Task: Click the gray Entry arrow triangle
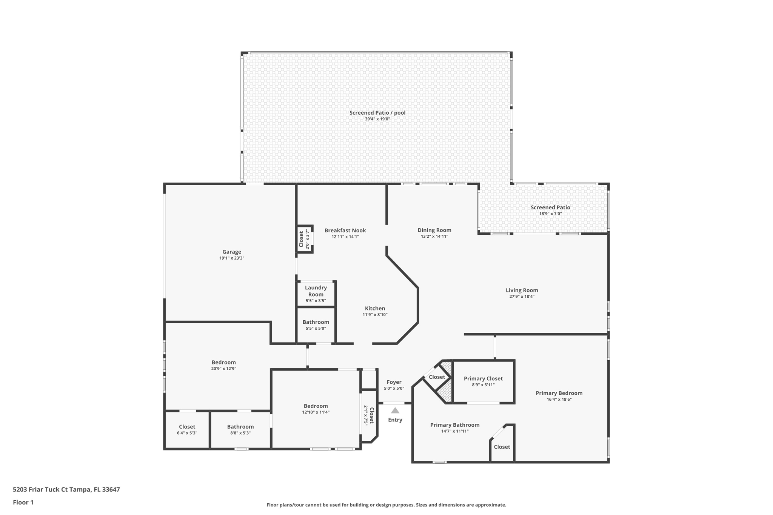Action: tap(395, 411)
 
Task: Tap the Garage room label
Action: tap(231, 252)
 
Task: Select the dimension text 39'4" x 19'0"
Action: tap(377, 119)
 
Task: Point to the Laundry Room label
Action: tap(316, 291)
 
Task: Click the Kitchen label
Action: tap(375, 308)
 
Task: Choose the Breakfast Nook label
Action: tap(345, 230)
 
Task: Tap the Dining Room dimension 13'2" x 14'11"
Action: tap(434, 237)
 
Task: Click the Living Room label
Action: tap(522, 290)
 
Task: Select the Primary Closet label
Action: tap(483, 378)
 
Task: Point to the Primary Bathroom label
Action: tap(454, 425)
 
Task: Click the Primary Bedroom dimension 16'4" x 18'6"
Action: tap(559, 399)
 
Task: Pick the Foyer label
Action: tap(394, 382)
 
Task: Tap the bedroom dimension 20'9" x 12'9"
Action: tap(223, 369)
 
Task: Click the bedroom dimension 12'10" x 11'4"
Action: tap(316, 412)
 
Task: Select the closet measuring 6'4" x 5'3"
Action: tap(187, 430)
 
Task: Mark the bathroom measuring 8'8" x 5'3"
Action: tap(240, 430)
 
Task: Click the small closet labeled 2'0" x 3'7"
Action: tap(304, 239)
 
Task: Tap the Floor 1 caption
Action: tap(23, 502)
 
